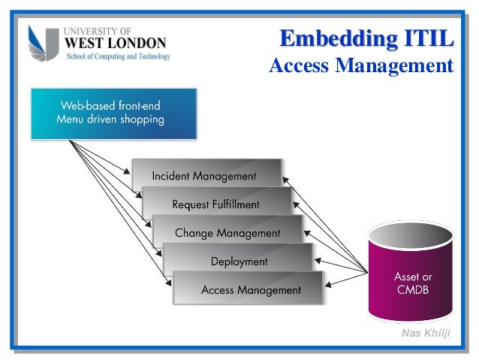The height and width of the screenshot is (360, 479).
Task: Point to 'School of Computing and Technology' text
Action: point(119,57)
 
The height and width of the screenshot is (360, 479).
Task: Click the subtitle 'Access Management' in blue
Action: point(361,67)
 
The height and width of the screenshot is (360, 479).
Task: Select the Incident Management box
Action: point(206,174)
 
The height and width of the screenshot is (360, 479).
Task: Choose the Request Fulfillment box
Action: point(216,203)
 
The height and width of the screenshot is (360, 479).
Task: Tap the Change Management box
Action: point(227,232)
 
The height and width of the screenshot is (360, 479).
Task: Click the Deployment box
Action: point(239,261)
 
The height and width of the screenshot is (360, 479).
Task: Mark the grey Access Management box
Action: point(249,289)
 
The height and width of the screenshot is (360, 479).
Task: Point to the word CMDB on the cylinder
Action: point(412,290)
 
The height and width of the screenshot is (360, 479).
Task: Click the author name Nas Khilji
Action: point(426,333)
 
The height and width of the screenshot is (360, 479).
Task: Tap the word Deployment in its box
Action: point(239,262)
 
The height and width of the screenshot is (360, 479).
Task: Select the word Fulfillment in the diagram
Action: point(235,204)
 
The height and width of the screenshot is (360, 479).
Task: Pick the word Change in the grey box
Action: point(194,233)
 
